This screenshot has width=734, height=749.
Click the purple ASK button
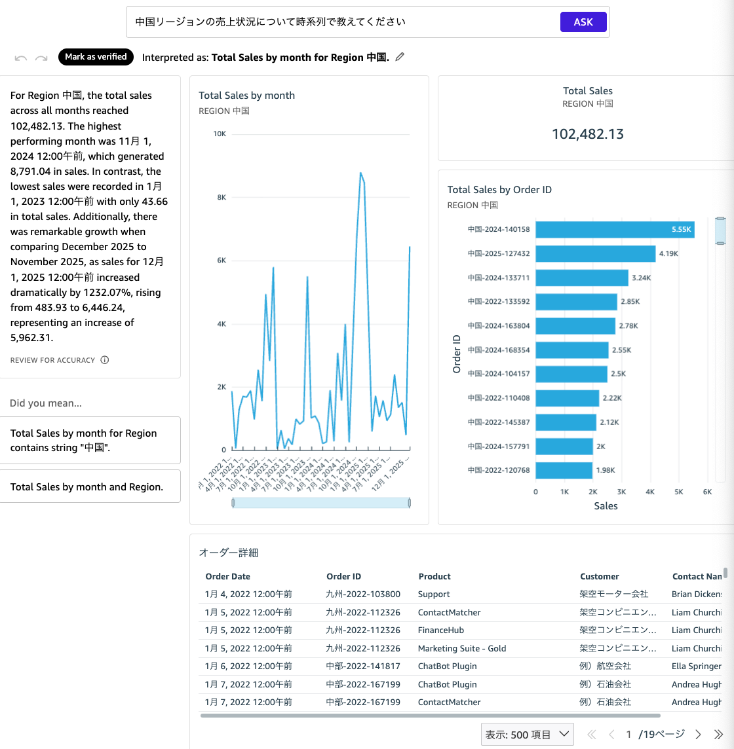coord(583,22)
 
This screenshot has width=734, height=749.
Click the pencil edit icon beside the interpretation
coord(400,57)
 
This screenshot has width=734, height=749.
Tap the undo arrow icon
coord(21,58)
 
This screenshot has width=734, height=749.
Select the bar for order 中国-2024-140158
coord(615,230)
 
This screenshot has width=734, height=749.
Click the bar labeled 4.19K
coord(595,253)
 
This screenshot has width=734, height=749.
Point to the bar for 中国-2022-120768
coord(564,470)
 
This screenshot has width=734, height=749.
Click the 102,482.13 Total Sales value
coord(587,134)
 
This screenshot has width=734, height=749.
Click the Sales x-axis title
coord(606,505)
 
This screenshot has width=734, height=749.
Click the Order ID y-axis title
coord(457,354)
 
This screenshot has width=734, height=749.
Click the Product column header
coord(435,576)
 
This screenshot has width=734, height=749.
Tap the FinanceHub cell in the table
coord(440,630)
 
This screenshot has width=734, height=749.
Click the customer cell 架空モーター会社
coord(613,594)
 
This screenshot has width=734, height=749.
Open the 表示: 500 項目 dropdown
coord(527,735)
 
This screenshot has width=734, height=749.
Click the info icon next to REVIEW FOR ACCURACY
coord(105,360)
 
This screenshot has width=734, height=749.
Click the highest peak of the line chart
coord(360,174)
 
